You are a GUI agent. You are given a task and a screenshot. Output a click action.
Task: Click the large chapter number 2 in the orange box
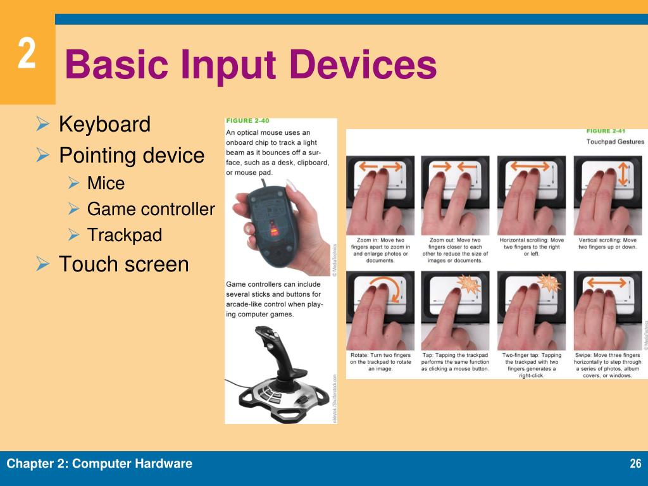tap(26, 54)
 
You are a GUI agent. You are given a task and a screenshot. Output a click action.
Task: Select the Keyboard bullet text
tap(104, 124)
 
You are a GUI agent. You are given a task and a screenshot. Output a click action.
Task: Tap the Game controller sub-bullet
tap(151, 209)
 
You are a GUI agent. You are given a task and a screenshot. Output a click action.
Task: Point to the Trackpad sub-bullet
tap(125, 235)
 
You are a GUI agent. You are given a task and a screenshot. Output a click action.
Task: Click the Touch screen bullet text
tap(123, 264)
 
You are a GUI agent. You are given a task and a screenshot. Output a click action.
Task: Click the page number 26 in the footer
tap(635, 464)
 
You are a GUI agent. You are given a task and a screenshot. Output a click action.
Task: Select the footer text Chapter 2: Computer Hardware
tap(99, 464)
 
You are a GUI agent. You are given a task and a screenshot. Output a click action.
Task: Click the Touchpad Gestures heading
tap(614, 142)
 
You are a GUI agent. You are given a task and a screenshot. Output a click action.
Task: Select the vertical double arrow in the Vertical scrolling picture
tap(623, 173)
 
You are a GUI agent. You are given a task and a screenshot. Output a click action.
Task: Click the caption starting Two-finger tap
tap(532, 364)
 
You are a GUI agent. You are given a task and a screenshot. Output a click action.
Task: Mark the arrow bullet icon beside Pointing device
tap(43, 155)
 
